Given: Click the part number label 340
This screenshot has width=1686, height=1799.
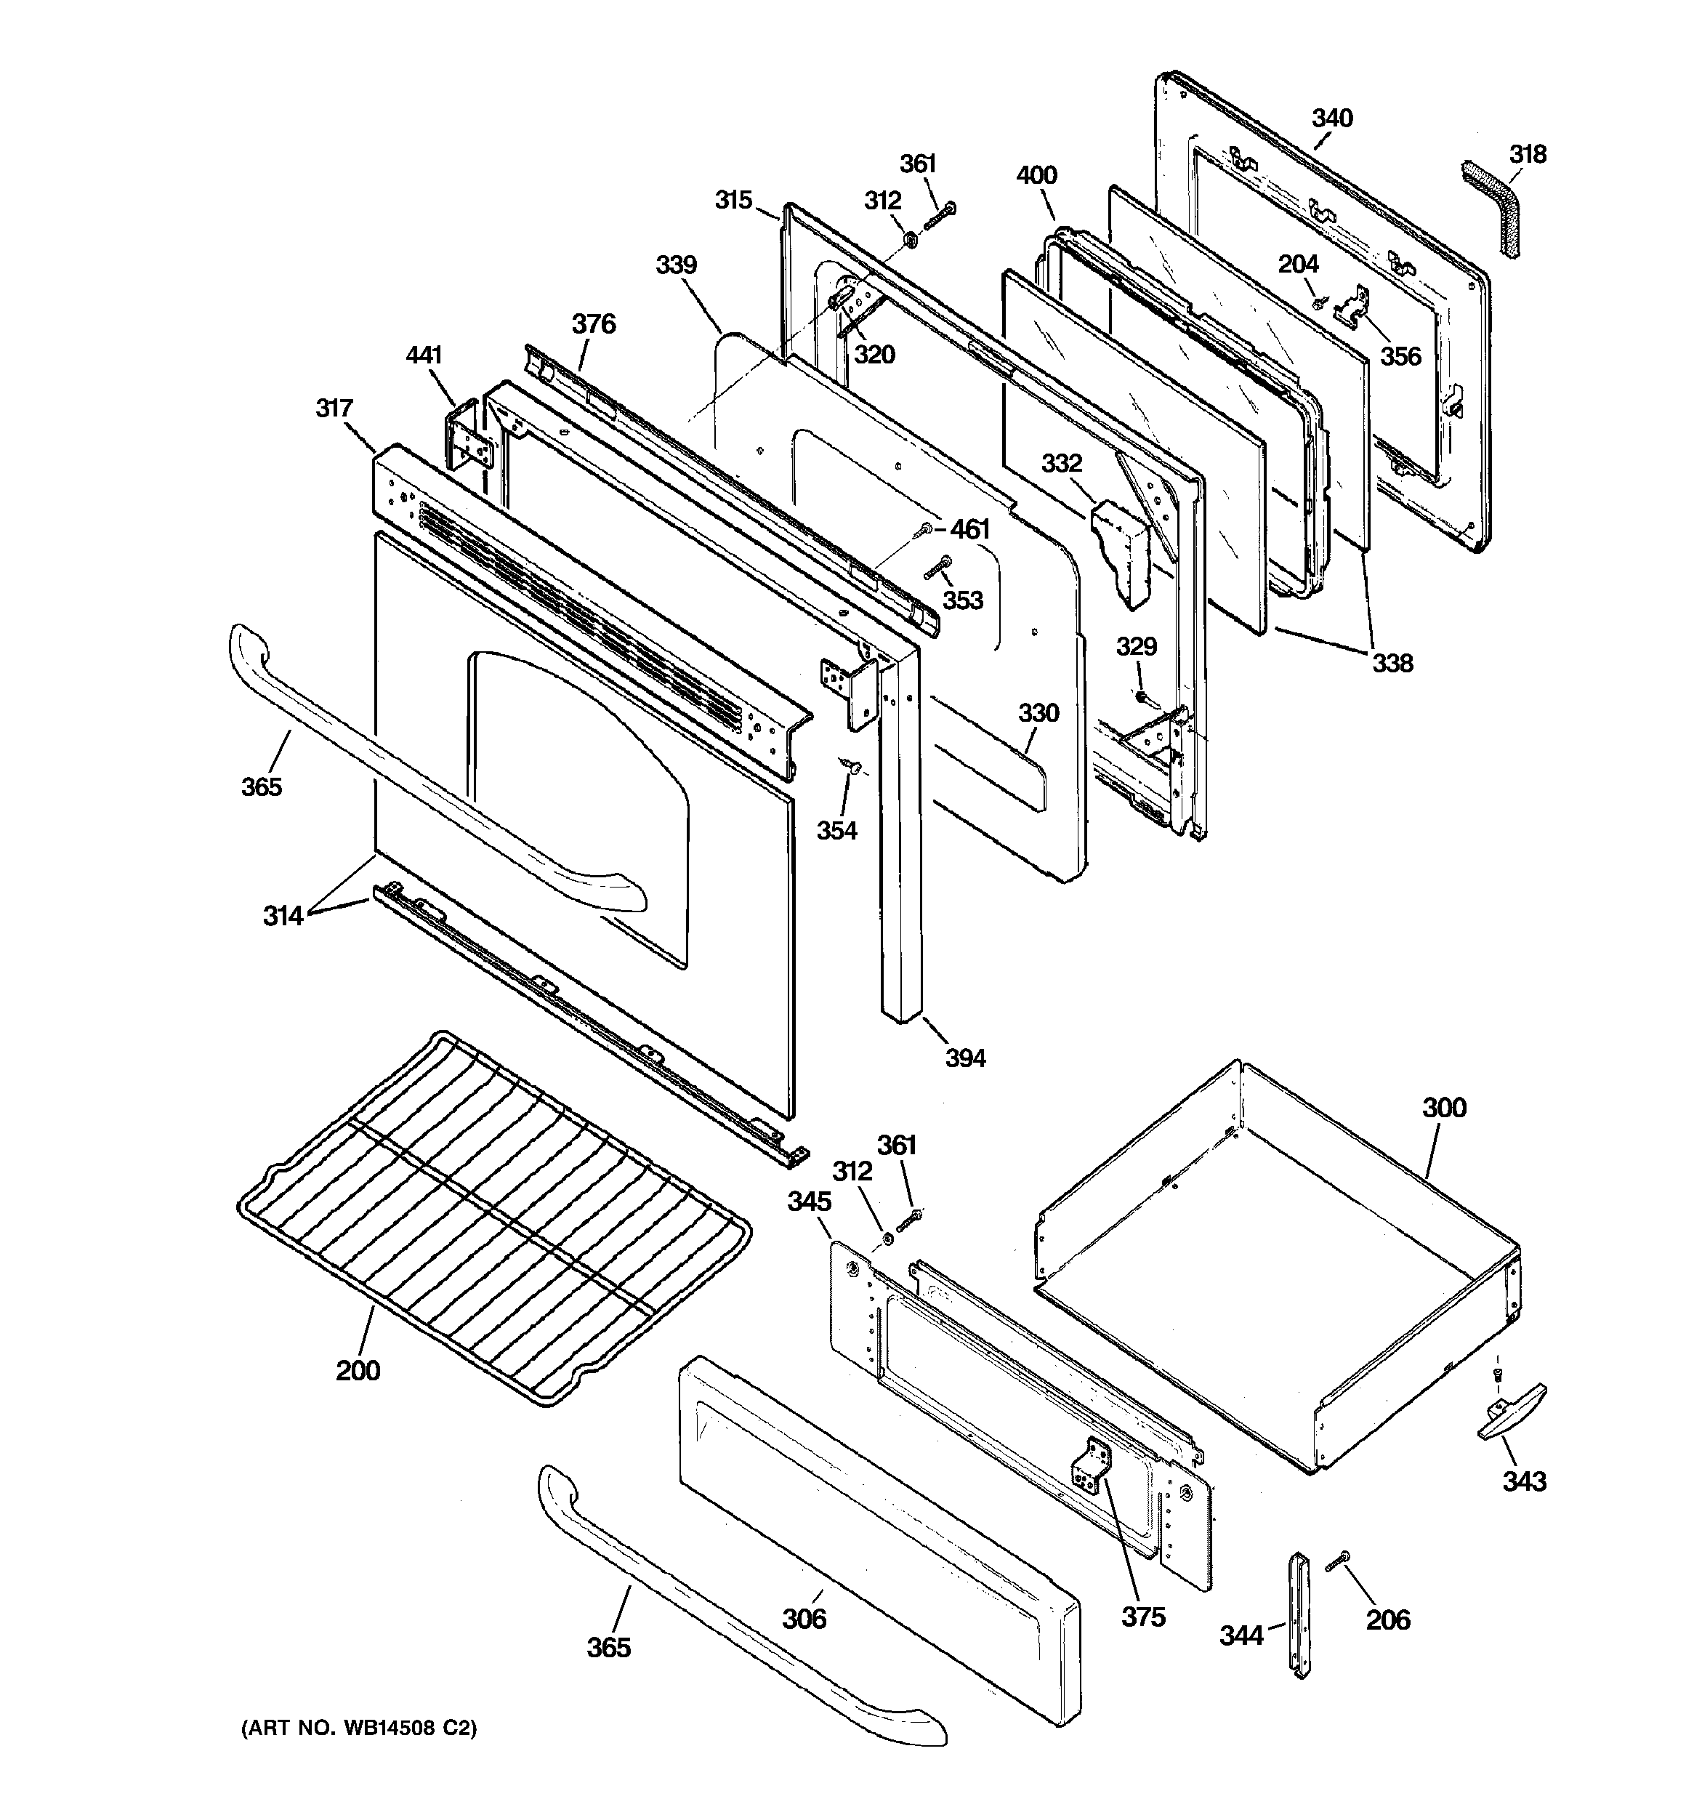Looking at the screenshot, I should click(1331, 118).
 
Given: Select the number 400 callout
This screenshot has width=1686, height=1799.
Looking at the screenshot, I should click(1036, 176).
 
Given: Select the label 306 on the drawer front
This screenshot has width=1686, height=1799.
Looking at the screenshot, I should click(804, 1618).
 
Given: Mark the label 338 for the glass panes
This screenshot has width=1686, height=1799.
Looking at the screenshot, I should click(1392, 664).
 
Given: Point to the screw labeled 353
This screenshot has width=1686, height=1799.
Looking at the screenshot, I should click(937, 569).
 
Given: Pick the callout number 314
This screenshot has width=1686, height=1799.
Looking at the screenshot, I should click(283, 916).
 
